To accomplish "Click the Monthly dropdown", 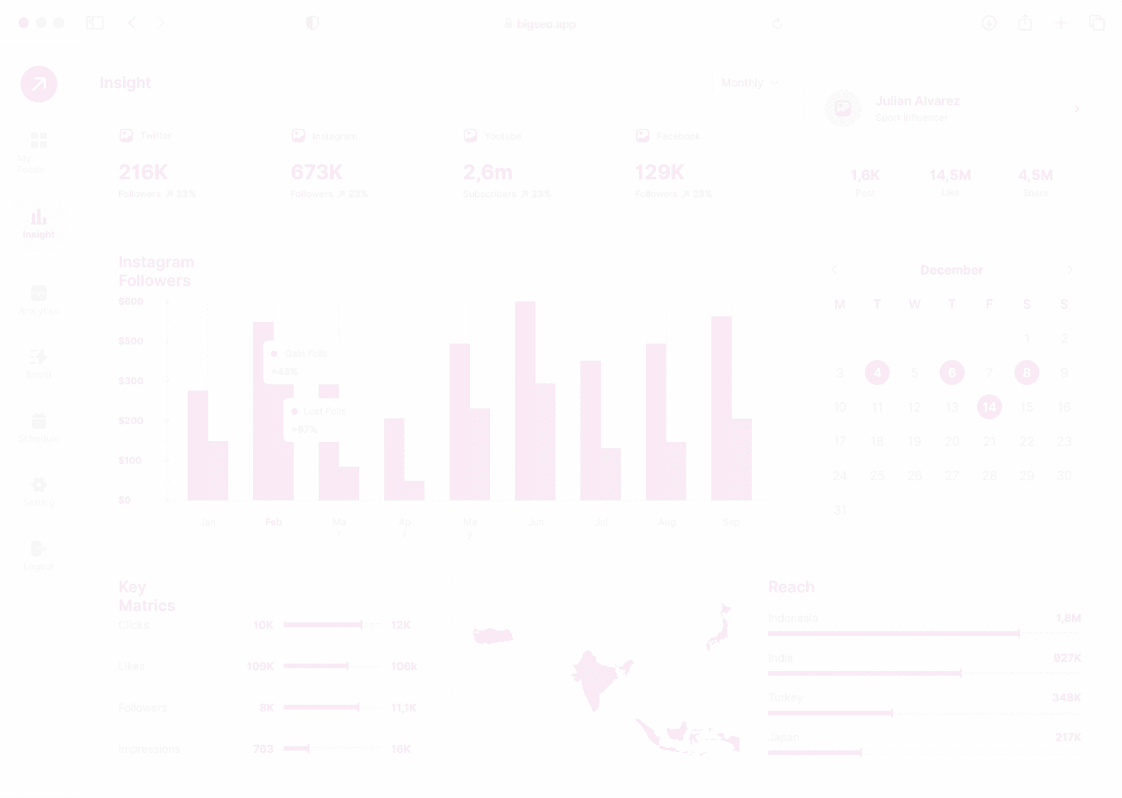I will pyautogui.click(x=749, y=83).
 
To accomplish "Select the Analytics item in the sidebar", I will pyautogui.click(x=39, y=300).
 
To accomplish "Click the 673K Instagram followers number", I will pyautogui.click(x=316, y=172).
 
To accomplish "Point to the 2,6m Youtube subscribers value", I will pyautogui.click(x=487, y=172).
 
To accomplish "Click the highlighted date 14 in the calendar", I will pyautogui.click(x=989, y=407).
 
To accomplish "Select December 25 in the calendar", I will pyautogui.click(x=877, y=476).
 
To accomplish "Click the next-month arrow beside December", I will pyautogui.click(x=1070, y=269).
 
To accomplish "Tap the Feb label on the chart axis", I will pyautogui.click(x=274, y=522).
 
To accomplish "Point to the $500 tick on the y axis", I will pyautogui.click(x=131, y=341).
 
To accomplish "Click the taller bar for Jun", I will pyautogui.click(x=525, y=400).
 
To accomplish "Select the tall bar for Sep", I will pyautogui.click(x=721, y=407).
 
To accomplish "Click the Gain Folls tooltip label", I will pyautogui.click(x=306, y=354).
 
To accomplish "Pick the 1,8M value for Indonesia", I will pyautogui.click(x=1068, y=618).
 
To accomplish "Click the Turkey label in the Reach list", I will pyautogui.click(x=785, y=697).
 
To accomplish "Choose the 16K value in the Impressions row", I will pyautogui.click(x=401, y=749).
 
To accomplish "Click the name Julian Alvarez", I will pyautogui.click(x=917, y=101).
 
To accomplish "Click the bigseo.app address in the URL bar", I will pyautogui.click(x=546, y=24).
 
